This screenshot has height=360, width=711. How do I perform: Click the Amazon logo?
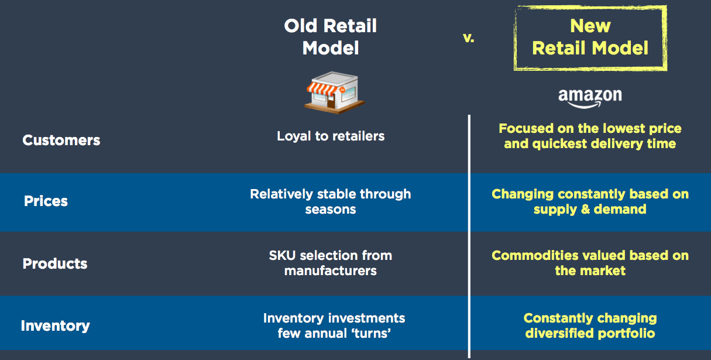[590, 98]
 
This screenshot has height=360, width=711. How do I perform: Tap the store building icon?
[334, 92]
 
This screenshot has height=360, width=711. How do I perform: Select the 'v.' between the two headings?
[469, 38]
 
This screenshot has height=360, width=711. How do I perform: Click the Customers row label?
[61, 140]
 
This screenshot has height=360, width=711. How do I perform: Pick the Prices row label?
[46, 201]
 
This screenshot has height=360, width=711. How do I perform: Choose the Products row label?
[55, 263]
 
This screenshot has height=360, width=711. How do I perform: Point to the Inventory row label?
[56, 325]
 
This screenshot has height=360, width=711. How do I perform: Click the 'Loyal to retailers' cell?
[331, 136]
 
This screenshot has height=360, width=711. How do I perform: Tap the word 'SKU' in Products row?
[282, 256]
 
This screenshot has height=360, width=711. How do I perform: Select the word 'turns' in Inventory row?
[371, 333]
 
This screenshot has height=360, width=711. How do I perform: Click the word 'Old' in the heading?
[301, 26]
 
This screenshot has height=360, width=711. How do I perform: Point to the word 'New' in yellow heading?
[590, 26]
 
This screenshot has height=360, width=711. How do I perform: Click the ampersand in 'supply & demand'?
[585, 209]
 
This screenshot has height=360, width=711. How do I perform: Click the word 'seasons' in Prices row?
[331, 210]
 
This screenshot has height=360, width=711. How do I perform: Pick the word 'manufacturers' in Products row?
[331, 271]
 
